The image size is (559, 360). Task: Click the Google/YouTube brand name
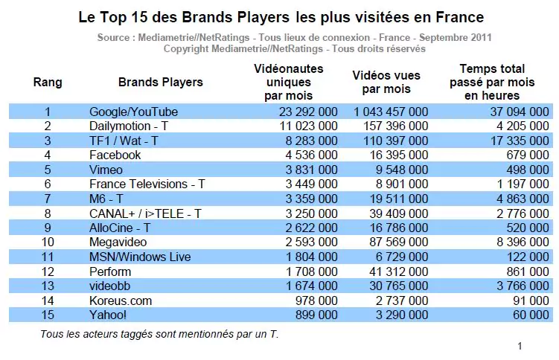tap(133, 112)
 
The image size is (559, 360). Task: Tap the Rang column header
tap(48, 83)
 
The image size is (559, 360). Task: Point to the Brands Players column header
tap(160, 83)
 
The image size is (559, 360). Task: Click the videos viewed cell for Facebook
tap(400, 155)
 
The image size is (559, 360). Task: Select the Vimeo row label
tap(106, 170)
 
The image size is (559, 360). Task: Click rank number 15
tap(47, 315)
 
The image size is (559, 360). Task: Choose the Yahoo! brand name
tap(108, 315)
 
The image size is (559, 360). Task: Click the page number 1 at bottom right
tap(520, 346)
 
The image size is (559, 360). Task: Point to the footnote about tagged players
tap(159, 334)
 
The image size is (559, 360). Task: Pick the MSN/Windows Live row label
tap(140, 257)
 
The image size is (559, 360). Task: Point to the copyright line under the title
tap(294, 48)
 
